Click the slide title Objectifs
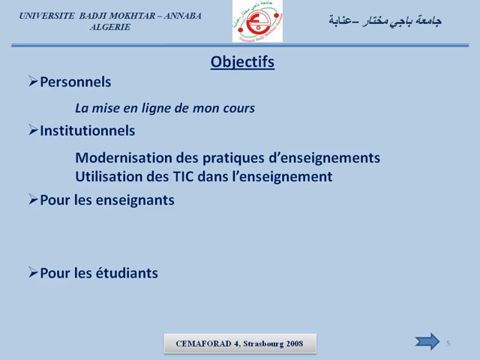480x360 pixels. tap(242, 62)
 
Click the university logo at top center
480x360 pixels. tap(257, 22)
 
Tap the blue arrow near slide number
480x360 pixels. tap(428, 342)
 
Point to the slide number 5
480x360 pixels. tap(448, 343)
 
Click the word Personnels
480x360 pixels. tap(75, 82)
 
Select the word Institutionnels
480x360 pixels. tap(87, 130)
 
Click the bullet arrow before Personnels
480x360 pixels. tap(33, 81)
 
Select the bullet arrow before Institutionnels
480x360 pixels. tap(33, 130)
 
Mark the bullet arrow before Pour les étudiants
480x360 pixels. tap(33, 272)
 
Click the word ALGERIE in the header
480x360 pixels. tap(109, 27)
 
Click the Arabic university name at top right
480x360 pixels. tap(385, 21)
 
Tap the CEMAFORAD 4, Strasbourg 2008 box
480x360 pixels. tap(240, 343)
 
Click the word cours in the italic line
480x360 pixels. tap(238, 108)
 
